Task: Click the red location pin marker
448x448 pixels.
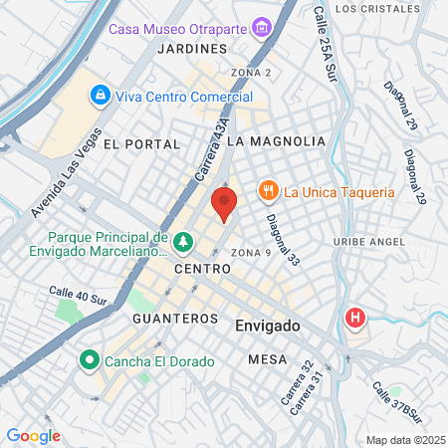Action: [x=225, y=204]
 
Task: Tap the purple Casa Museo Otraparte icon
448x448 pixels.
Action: [x=263, y=27]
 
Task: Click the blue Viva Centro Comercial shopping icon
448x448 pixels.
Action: [x=100, y=96]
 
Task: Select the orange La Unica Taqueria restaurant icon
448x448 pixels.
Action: [x=295, y=191]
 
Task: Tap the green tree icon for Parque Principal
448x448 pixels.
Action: [x=182, y=242]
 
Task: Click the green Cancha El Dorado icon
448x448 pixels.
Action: [x=89, y=359]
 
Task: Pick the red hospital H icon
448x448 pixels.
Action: [x=354, y=319]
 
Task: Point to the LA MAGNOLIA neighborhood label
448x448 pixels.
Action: [x=276, y=142]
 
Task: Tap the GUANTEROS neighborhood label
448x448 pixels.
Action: [x=174, y=319]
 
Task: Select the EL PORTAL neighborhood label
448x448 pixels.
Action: [x=141, y=144]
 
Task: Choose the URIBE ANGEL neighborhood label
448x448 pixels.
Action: [x=375, y=242]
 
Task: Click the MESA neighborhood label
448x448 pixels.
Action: [x=268, y=358]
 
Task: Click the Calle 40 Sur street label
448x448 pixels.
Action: [x=78, y=296]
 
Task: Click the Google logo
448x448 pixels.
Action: [x=33, y=436]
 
